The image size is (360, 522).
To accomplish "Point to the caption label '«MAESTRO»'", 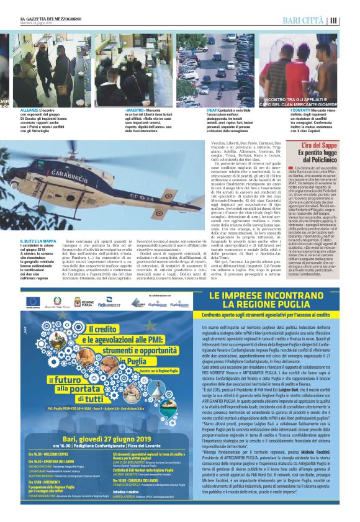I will [106, 110].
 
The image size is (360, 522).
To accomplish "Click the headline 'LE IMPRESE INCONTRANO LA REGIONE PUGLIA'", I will [272, 300].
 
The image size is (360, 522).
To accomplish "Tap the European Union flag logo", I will [32, 302].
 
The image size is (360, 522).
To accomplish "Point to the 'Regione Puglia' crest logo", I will [79, 302].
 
